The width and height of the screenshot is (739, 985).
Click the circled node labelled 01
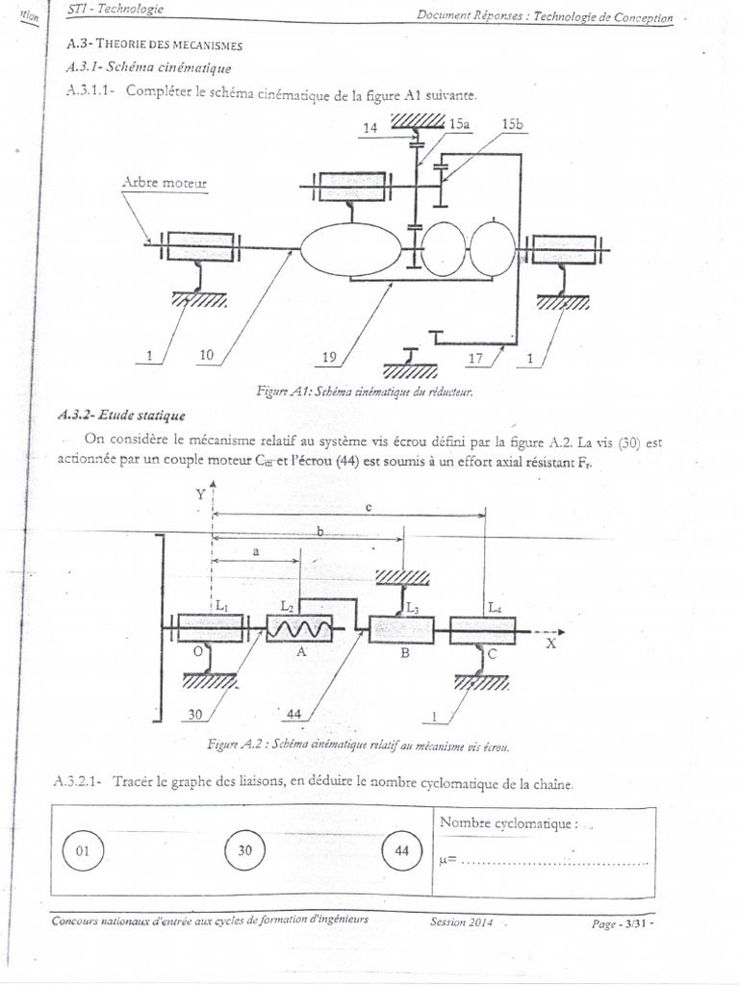point(83,851)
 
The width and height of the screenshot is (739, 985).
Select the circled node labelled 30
point(245,851)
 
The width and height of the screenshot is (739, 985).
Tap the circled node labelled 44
point(402,851)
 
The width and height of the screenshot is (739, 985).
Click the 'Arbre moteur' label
point(165,183)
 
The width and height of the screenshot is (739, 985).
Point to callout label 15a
point(460,125)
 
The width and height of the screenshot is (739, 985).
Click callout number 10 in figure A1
point(206,356)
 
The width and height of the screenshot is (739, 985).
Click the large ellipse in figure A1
point(351,248)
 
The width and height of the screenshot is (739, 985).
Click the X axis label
point(551,644)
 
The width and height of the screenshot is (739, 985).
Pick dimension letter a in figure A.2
point(255,552)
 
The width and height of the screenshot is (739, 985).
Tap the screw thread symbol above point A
point(299,629)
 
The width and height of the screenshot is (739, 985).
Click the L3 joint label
point(413,608)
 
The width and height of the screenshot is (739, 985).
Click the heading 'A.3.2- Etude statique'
point(121,416)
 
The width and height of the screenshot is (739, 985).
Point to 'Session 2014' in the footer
point(462,922)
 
